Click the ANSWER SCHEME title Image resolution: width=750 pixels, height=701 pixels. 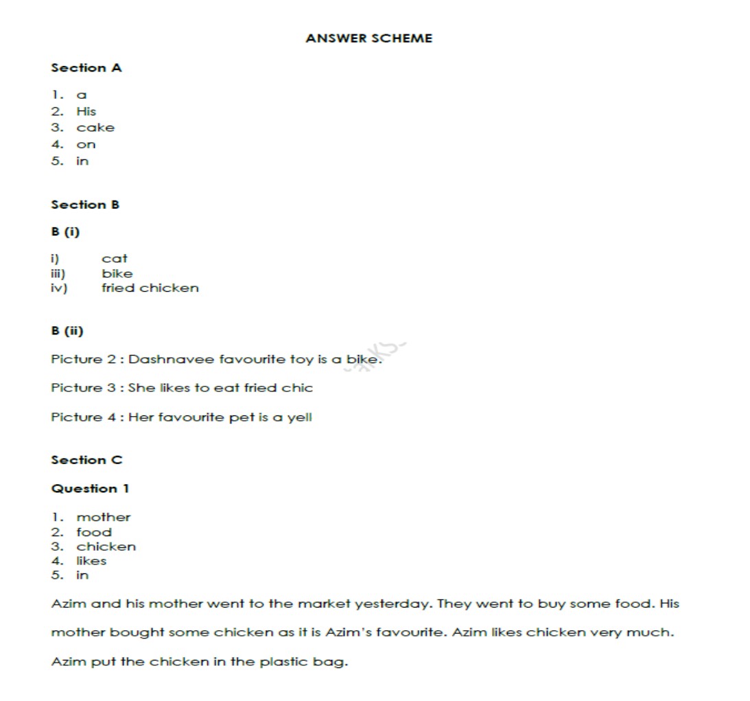coord(368,38)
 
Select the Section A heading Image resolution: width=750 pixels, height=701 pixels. coord(86,68)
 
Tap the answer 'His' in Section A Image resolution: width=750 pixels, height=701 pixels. coord(86,111)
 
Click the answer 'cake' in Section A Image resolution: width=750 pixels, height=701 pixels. coord(95,128)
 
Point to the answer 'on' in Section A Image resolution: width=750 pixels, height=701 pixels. coord(86,144)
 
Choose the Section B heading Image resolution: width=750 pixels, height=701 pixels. coord(85,205)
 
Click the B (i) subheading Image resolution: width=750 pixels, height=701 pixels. coord(65,232)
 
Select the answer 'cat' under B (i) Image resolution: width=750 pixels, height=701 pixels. coord(115,259)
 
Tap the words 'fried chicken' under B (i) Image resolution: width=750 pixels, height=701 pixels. coord(150,288)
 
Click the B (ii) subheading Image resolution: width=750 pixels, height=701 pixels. coord(67,331)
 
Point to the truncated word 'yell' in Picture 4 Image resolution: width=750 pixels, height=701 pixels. coord(300,417)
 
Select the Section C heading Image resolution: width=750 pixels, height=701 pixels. coord(86,460)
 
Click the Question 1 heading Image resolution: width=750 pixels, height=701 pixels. coord(90,489)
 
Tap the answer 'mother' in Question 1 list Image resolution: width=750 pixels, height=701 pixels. coord(103,518)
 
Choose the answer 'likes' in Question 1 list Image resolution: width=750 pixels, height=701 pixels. coord(91,561)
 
